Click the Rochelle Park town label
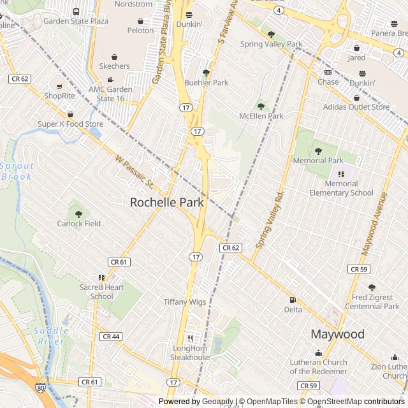tap(167, 203)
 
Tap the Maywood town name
tap(337, 334)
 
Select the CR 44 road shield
tap(111, 337)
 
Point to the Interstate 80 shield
tap(41, 387)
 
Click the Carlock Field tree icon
tap(78, 214)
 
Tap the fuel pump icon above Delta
tap(293, 300)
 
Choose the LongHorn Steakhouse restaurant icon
tap(189, 339)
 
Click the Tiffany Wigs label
tap(185, 302)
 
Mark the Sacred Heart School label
tap(102, 292)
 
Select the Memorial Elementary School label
tap(341, 188)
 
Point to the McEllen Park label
tap(261, 116)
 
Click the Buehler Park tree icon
tap(206, 73)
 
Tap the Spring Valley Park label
tap(271, 44)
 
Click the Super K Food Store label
tap(70, 124)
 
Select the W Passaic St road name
tap(135, 171)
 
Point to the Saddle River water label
tap(49, 336)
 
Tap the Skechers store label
tap(114, 66)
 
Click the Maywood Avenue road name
tap(374, 224)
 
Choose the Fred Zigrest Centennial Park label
tap(372, 302)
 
